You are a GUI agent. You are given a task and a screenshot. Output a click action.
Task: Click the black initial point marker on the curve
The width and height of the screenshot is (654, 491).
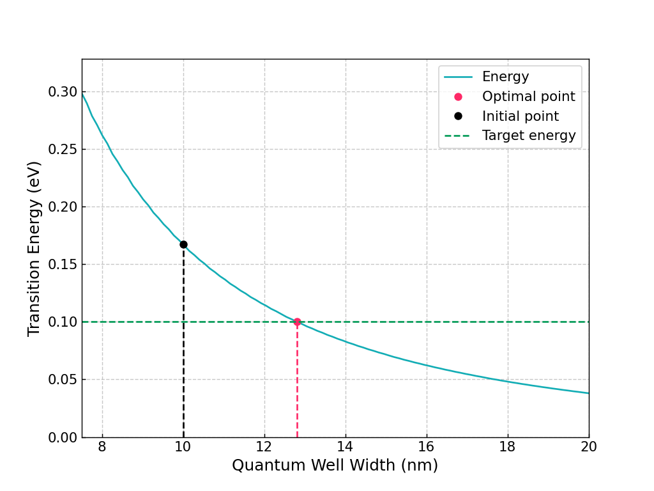point(183,244)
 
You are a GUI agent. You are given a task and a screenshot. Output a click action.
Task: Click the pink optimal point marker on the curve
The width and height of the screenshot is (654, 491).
point(297,322)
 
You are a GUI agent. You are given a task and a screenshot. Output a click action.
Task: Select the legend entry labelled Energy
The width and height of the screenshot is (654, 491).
point(505,77)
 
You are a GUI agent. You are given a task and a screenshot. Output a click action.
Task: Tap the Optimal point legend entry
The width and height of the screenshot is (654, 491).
point(528,97)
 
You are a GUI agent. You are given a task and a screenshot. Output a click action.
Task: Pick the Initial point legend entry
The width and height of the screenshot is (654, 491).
point(520,116)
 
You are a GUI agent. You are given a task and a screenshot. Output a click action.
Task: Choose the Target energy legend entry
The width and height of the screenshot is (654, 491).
point(528,136)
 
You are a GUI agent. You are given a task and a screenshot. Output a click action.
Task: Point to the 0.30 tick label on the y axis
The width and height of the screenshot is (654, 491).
point(63,92)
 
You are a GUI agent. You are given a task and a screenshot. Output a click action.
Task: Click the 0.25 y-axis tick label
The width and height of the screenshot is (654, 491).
point(63,150)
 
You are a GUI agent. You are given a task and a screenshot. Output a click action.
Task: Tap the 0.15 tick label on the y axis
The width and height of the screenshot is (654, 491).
point(63,265)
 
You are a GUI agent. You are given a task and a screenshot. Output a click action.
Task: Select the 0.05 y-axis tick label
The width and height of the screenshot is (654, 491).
point(63,380)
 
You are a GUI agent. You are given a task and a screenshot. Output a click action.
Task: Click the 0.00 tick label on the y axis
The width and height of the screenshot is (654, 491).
point(63,437)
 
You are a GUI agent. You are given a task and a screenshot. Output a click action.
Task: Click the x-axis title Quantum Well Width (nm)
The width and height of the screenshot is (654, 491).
point(335,465)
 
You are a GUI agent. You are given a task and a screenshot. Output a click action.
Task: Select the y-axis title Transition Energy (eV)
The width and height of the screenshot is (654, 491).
point(34,248)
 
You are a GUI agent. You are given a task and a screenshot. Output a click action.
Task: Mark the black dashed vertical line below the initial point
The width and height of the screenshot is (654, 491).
point(183,345)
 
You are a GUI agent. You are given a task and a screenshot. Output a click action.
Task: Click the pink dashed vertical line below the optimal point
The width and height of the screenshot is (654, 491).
point(297,384)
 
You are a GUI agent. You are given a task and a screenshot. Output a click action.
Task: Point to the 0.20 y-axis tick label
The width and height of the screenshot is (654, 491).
point(63,207)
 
